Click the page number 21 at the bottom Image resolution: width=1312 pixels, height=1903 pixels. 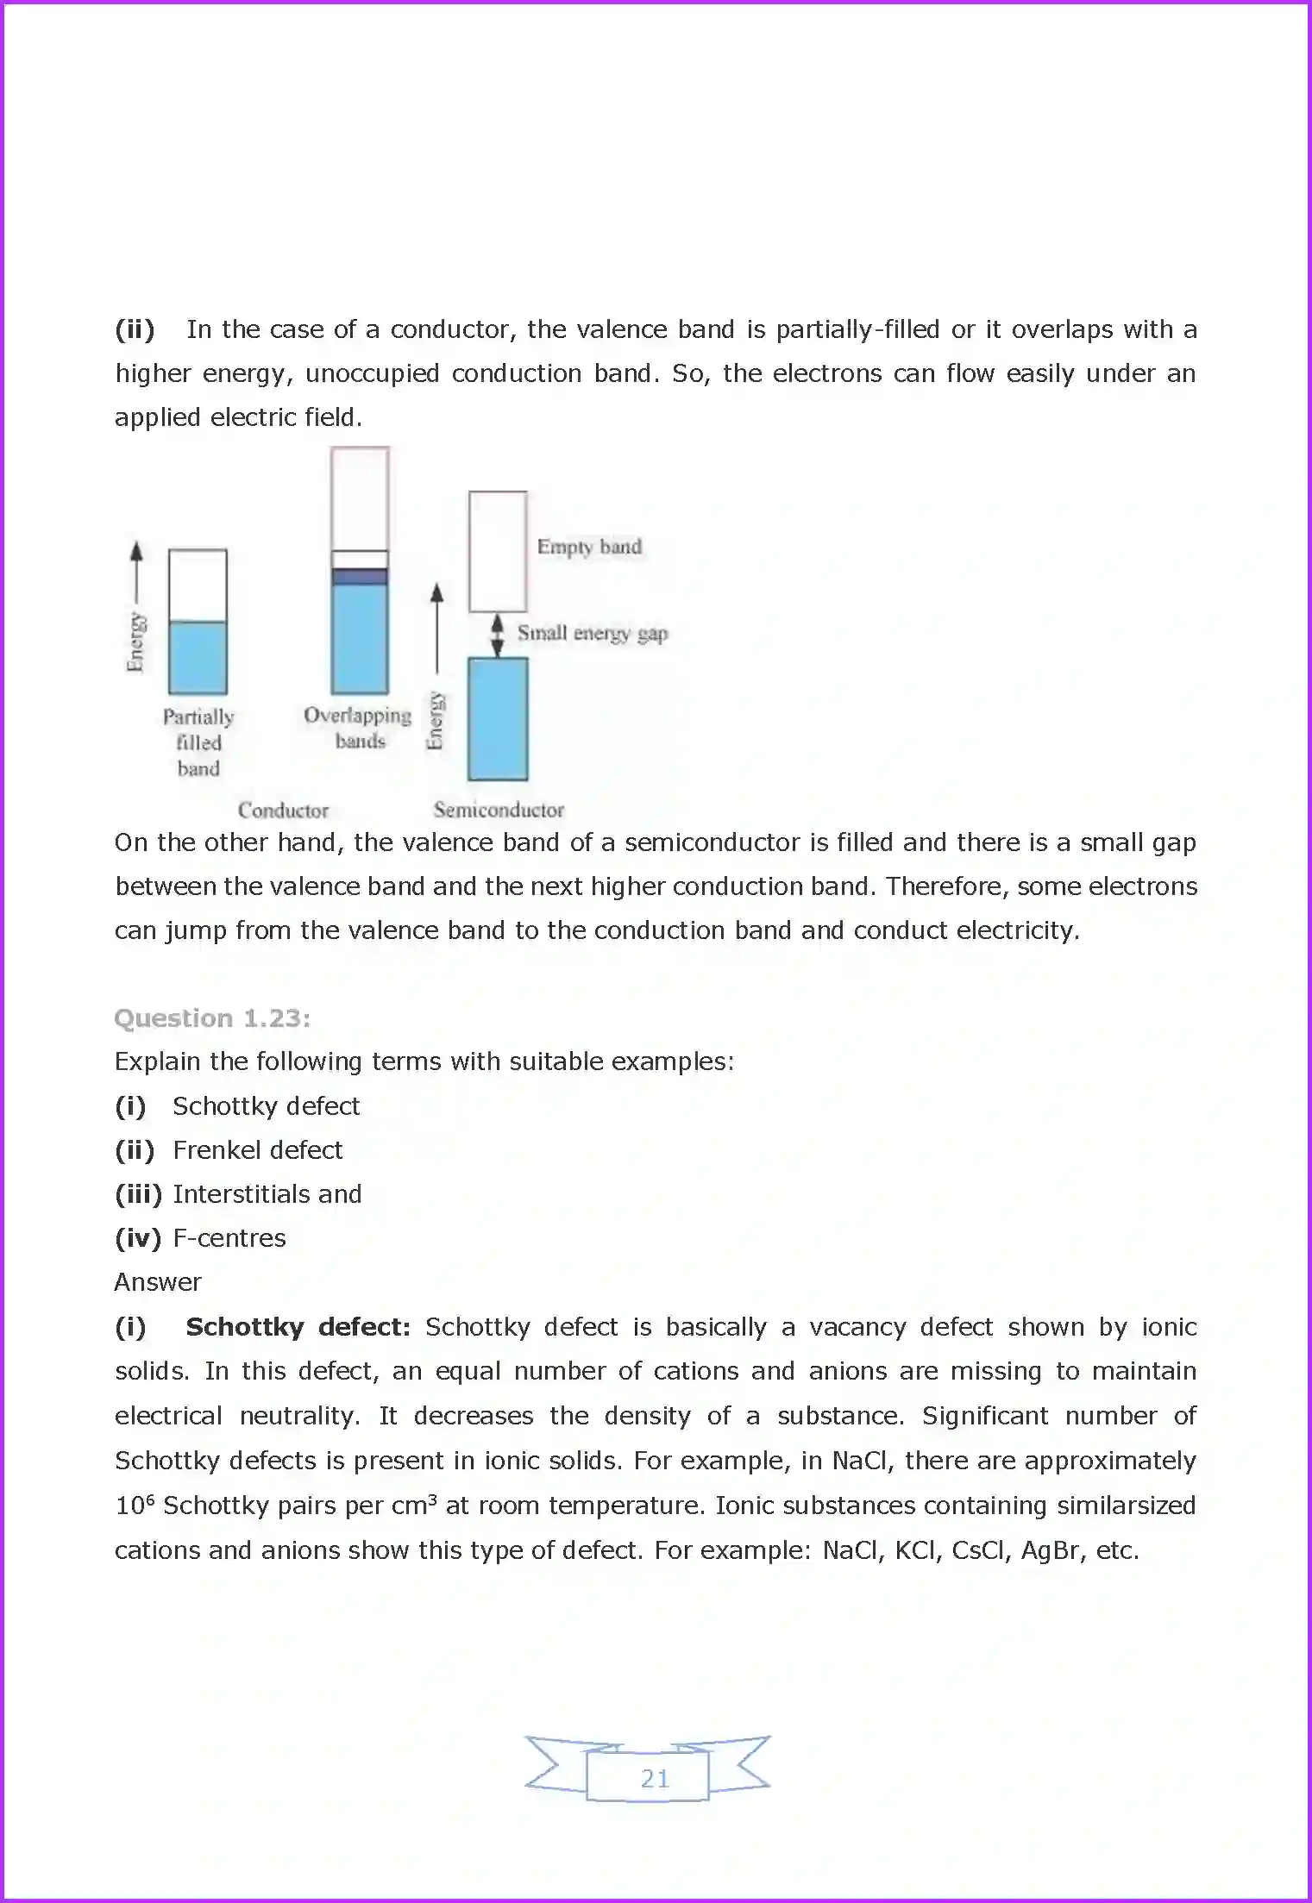point(655,1778)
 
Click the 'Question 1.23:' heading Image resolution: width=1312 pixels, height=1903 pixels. point(212,1018)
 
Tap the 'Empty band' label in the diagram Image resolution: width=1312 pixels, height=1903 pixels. point(589,547)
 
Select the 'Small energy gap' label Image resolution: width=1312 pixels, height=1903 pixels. point(593,633)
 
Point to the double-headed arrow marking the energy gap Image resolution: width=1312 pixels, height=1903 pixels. point(497,635)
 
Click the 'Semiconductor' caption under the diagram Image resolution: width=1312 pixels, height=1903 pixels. point(499,810)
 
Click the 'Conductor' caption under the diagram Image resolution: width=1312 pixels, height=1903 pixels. point(283,811)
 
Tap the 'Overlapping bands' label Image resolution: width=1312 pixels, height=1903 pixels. point(358,728)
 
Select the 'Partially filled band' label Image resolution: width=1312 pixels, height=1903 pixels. point(198,742)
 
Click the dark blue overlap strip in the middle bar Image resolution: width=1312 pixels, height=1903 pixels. point(360,577)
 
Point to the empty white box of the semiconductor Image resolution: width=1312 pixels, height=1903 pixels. point(498,551)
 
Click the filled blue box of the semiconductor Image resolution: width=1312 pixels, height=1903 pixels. point(498,718)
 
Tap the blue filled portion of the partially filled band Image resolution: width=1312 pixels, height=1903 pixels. point(198,657)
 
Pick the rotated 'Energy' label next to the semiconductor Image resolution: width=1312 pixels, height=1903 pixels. point(436,720)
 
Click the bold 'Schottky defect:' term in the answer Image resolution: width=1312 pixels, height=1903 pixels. point(298,1327)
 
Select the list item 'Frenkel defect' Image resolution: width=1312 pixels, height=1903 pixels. point(257,1150)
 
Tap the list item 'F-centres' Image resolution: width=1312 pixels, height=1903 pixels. point(229,1238)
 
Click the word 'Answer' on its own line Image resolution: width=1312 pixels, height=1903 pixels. point(158,1282)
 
